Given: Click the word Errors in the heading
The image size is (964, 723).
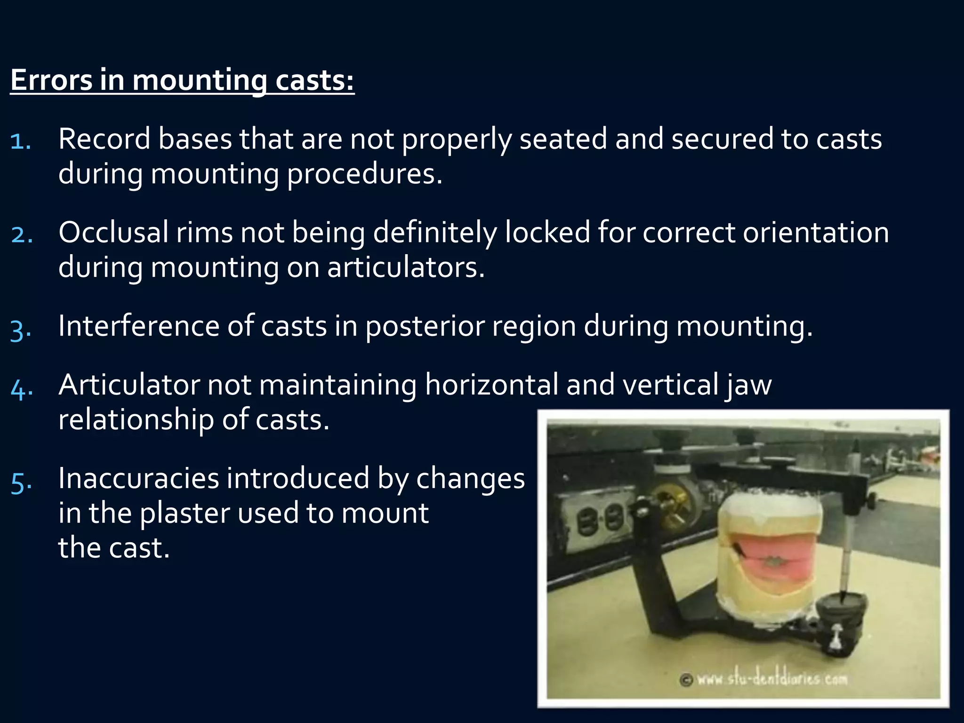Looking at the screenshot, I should (x=51, y=80).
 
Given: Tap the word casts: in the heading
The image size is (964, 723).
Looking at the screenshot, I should (x=314, y=80).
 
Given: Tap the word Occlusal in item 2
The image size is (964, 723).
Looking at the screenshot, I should (x=113, y=233).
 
